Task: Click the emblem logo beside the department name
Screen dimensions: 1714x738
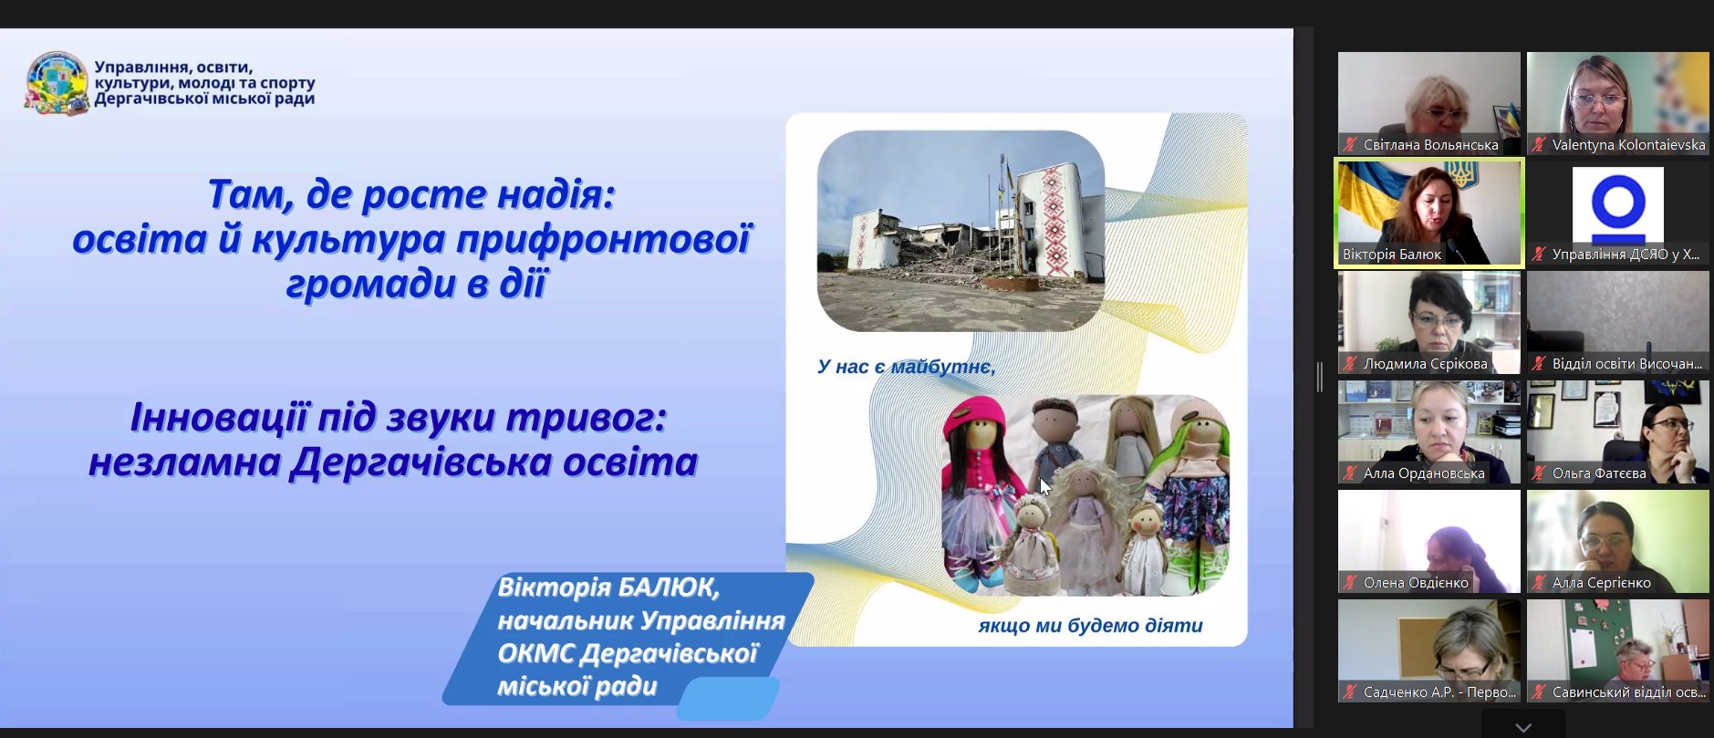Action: tap(57, 83)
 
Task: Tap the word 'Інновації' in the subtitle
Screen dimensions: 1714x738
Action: tap(220, 417)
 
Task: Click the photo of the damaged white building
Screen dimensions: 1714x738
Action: tap(961, 231)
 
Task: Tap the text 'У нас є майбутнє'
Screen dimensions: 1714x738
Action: tap(906, 367)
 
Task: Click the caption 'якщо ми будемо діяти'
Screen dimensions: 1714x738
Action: tap(1090, 626)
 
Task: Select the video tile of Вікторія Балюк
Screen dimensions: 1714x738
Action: tap(1429, 213)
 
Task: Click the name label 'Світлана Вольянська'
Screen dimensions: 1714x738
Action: tap(1430, 145)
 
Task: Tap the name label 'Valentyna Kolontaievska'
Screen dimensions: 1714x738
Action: tap(1628, 145)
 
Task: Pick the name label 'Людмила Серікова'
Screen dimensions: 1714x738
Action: tap(1425, 364)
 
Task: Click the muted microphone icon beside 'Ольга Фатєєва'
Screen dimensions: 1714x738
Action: tap(1539, 473)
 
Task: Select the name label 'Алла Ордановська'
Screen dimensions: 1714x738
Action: tap(1424, 473)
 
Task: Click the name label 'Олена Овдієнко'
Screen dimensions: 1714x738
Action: tap(1416, 583)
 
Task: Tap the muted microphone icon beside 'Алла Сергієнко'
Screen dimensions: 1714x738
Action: tap(1539, 582)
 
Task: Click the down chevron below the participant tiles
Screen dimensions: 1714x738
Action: tap(1523, 727)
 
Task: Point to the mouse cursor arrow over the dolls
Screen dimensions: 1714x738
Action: tap(1044, 486)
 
